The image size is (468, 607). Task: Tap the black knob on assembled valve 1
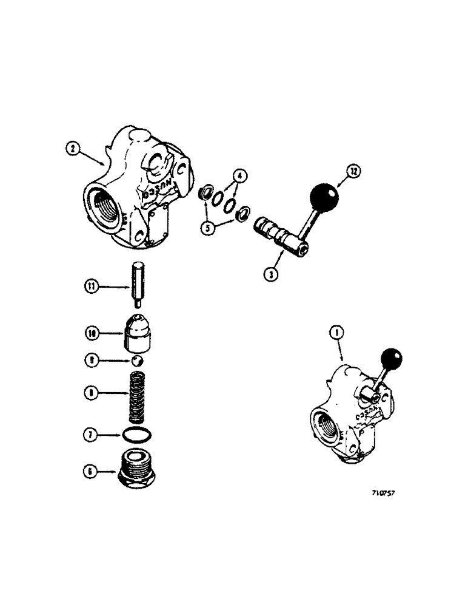click(x=391, y=359)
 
